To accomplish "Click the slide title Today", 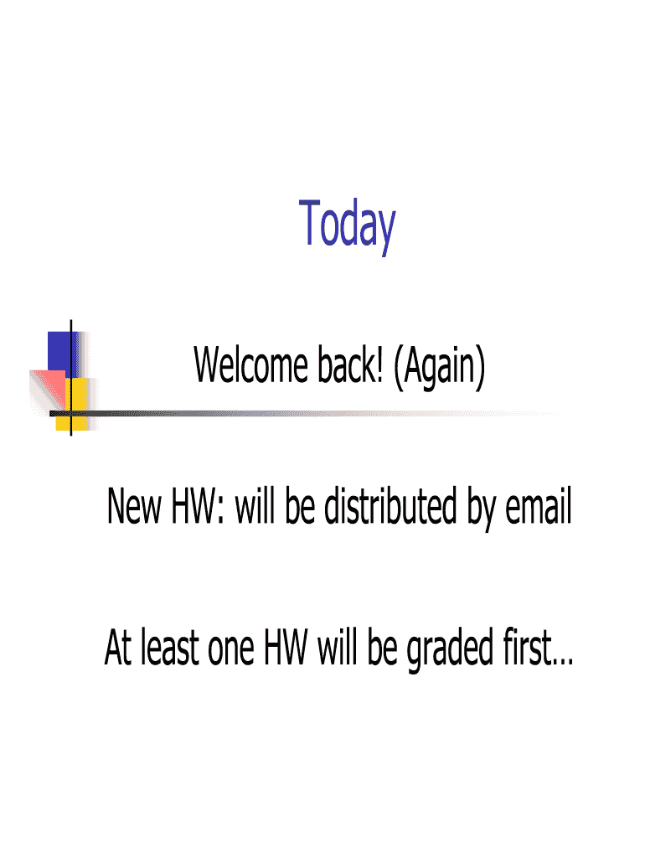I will [347, 224].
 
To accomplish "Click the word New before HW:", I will [132, 509].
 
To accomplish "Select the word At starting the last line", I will [119, 649].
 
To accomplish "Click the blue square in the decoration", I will [61, 352].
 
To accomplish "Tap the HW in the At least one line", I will [285, 649].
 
